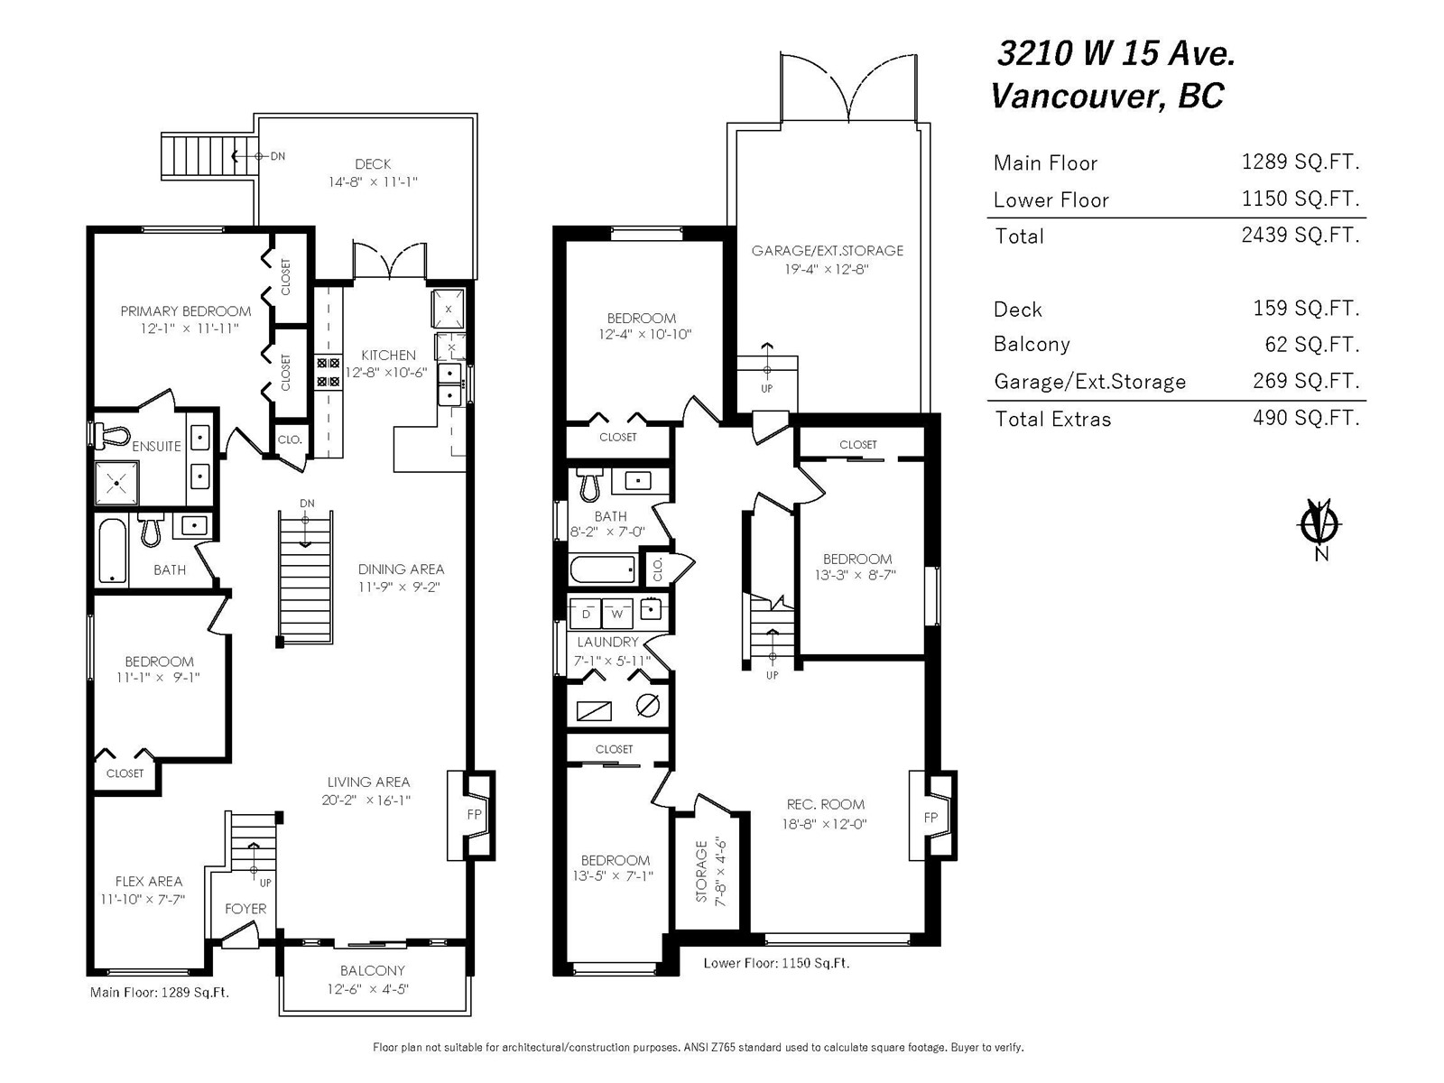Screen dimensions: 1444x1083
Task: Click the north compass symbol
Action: (x=1319, y=525)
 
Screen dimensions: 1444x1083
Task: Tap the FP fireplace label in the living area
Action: (x=475, y=814)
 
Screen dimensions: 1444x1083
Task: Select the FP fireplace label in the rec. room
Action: (x=930, y=818)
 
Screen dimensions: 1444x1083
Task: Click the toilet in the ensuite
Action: (x=112, y=436)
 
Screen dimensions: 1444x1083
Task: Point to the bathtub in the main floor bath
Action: (x=113, y=551)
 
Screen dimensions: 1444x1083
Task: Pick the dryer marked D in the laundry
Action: (x=586, y=614)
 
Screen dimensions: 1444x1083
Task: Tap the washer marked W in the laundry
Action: (x=617, y=614)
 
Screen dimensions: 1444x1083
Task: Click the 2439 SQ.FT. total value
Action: (x=1300, y=235)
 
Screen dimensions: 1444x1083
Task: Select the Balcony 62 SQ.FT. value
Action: (x=1311, y=344)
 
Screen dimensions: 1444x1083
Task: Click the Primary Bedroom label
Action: (x=186, y=311)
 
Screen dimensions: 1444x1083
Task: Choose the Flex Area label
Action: (x=149, y=881)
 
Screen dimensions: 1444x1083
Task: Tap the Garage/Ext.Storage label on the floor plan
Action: (x=828, y=251)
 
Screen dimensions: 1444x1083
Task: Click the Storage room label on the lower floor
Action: (x=702, y=871)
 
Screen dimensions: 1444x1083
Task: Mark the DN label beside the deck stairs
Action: (x=278, y=156)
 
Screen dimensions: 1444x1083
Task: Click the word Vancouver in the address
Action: (x=1074, y=97)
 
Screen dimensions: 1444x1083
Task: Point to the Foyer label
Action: (x=245, y=909)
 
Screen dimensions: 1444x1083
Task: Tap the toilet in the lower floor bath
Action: (x=589, y=486)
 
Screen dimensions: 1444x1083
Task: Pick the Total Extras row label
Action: (x=1052, y=419)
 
